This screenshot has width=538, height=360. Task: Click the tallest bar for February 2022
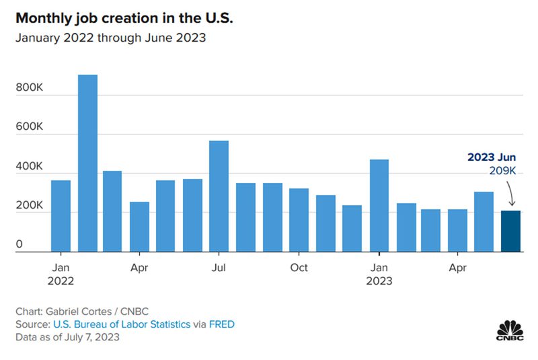click(87, 164)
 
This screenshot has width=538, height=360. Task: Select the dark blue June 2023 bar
click(510, 231)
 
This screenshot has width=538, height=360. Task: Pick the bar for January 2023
click(379, 206)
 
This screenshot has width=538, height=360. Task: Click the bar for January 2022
click(61, 216)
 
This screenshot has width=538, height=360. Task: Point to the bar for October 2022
click(299, 220)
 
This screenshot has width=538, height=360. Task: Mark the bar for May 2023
click(484, 222)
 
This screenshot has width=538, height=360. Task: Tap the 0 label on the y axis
click(20, 245)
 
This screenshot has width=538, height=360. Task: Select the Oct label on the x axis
click(299, 268)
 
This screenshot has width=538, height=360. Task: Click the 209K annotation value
click(502, 172)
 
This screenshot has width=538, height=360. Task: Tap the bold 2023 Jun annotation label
click(492, 158)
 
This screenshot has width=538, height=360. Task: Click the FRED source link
click(221, 324)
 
